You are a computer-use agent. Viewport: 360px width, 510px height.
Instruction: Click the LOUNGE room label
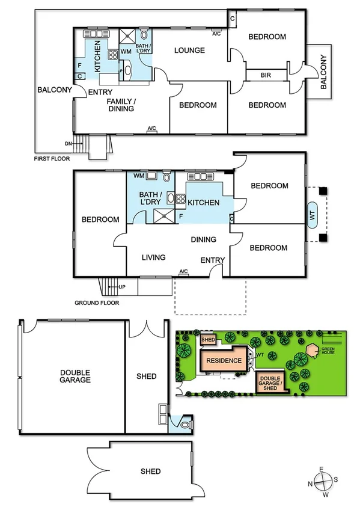[190, 50]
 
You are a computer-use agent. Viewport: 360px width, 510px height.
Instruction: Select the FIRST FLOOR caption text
[52, 159]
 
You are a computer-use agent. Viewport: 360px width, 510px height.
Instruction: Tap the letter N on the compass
[310, 482]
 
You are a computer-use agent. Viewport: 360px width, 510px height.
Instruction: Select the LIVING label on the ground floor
[153, 257]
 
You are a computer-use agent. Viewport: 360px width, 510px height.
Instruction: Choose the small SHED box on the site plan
[208, 340]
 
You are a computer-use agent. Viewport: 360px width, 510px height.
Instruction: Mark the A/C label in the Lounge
[217, 34]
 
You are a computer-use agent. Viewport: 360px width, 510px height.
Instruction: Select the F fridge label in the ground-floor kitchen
[181, 215]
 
